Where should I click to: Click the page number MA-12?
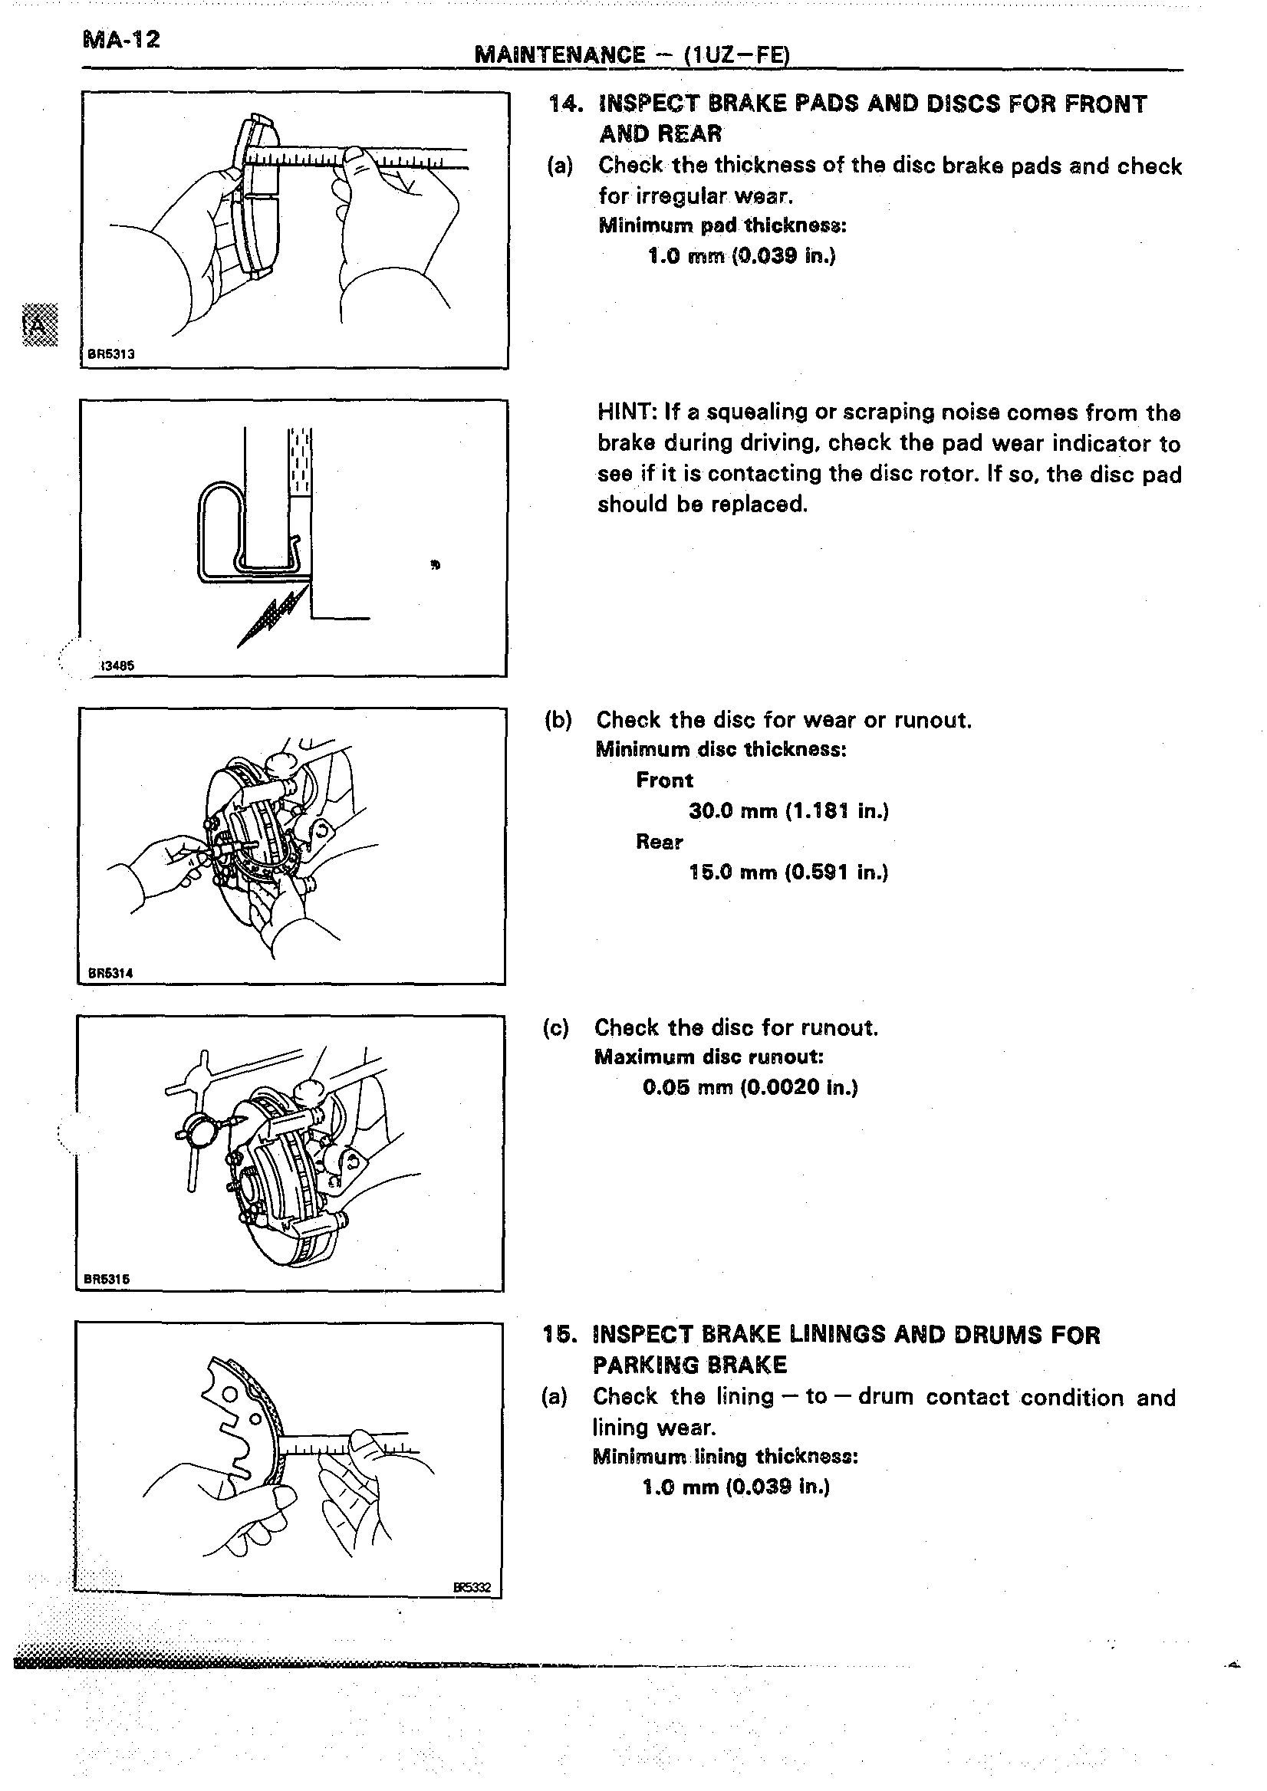[x=121, y=40]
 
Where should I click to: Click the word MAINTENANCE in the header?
[x=559, y=54]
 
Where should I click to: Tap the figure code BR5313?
[x=110, y=354]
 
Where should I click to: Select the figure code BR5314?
[x=110, y=973]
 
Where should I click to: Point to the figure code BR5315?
[x=107, y=1279]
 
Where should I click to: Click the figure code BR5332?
[x=472, y=1586]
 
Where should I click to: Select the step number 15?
[x=559, y=1335]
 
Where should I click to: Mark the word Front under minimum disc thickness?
[x=664, y=780]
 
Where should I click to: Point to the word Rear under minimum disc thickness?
[x=660, y=842]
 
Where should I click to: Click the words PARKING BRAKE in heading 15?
[x=689, y=1365]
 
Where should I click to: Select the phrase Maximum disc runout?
[x=709, y=1057]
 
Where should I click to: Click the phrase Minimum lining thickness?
[x=725, y=1457]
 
